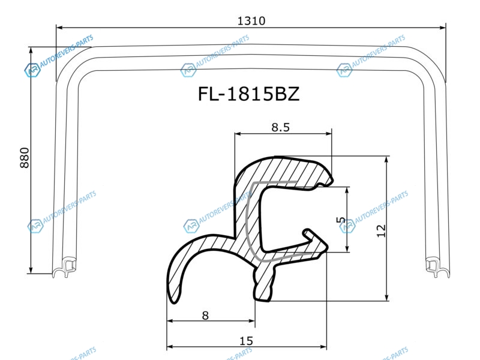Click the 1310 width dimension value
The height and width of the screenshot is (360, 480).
[x=251, y=21]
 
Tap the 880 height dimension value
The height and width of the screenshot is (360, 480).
[x=25, y=158]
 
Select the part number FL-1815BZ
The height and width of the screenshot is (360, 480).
[x=248, y=94]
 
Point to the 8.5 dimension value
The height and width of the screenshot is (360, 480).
[x=280, y=127]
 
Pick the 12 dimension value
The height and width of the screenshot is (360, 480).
[x=382, y=231]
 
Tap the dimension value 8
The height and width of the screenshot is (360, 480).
[x=205, y=315]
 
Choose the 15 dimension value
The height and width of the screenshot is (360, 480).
[x=246, y=341]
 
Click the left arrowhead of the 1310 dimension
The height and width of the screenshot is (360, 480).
[x=60, y=28]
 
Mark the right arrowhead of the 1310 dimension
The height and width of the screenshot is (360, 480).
[x=442, y=28]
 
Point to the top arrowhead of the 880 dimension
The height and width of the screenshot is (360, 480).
[x=31, y=51]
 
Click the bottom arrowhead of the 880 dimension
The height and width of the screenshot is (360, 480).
[x=31, y=269]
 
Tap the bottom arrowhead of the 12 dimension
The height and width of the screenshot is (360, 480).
[x=386, y=297]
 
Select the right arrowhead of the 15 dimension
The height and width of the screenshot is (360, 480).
[x=323, y=347]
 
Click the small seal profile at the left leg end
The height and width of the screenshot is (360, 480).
[x=64, y=267]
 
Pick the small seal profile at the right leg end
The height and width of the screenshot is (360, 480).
[x=437, y=267]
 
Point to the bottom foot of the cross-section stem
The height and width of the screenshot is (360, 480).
[x=263, y=294]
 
